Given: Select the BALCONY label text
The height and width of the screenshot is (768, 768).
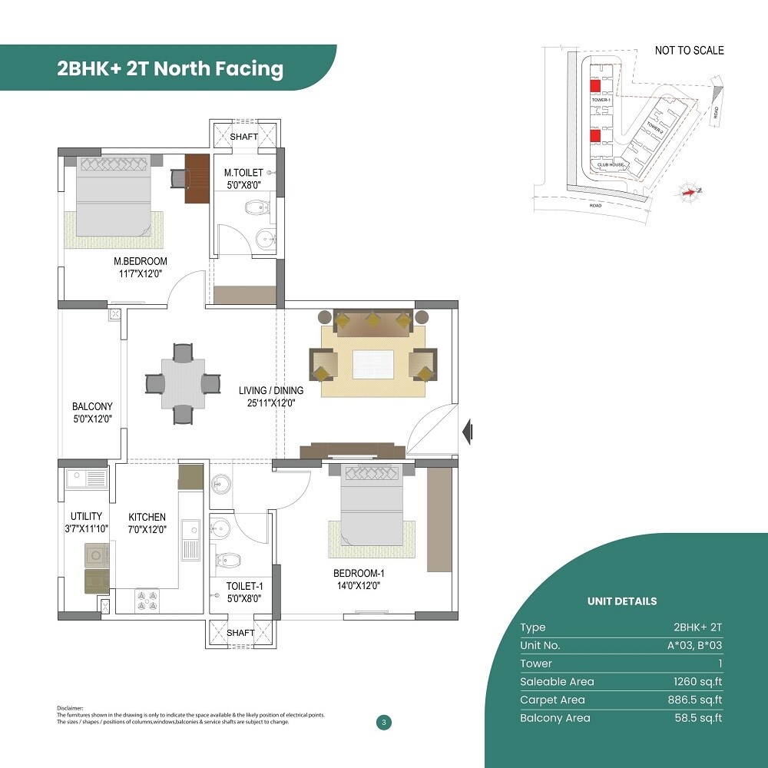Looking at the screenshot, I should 92,406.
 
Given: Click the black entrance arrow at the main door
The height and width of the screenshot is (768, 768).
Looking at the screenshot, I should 467,432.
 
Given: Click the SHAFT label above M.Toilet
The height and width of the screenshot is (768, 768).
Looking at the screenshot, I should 244,137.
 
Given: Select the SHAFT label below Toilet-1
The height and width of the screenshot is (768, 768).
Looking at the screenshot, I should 241,633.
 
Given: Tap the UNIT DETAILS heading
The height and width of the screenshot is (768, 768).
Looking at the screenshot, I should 622,601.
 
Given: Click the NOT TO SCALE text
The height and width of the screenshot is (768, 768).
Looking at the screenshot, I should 689,51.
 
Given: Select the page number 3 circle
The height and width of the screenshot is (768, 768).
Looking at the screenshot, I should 382,722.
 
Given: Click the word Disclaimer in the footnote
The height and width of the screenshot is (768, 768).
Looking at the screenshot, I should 70,707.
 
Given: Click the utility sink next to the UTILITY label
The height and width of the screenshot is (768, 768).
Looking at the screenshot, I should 86,478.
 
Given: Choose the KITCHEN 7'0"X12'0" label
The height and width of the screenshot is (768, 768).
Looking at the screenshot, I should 147,522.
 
